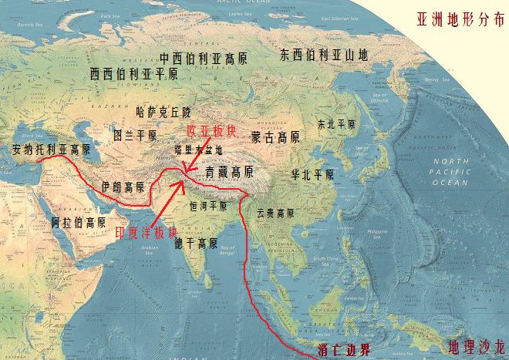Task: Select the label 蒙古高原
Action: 275,137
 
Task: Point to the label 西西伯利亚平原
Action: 133,74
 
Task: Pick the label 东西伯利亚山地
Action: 325,55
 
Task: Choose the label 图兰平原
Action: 135,136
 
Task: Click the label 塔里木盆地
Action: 198,150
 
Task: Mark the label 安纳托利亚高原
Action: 46,150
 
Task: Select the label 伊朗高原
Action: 123,187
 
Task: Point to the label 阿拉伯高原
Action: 79,222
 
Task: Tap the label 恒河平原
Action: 208,207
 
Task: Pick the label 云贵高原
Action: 275,213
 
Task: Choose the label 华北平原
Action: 312,175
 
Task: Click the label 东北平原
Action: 337,123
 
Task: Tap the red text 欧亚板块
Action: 210,130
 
